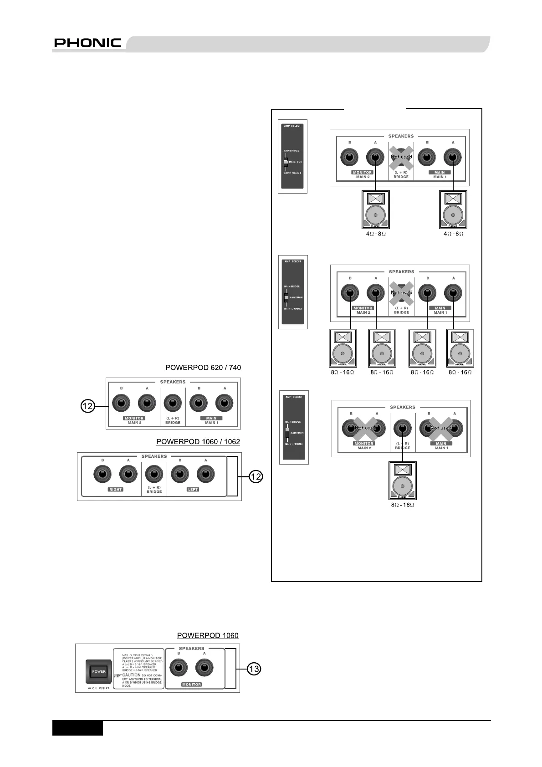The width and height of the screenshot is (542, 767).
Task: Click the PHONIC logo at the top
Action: pyautogui.click(x=87, y=43)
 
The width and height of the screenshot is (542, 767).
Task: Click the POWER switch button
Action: pyautogui.click(x=99, y=671)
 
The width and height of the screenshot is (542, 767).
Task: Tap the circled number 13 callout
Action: pyautogui.click(x=254, y=669)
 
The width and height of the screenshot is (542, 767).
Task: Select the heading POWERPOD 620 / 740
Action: pyautogui.click(x=203, y=368)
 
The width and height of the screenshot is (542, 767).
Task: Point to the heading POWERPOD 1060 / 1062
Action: pyautogui.click(x=198, y=441)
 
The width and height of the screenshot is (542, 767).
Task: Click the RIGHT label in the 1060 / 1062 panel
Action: pyautogui.click(x=115, y=490)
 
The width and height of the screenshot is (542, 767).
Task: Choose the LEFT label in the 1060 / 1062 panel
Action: pyautogui.click(x=193, y=490)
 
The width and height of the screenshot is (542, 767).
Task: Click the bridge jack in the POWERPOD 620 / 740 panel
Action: pyautogui.click(x=173, y=404)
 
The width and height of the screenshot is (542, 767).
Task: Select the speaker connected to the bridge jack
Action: pyautogui.click(x=402, y=481)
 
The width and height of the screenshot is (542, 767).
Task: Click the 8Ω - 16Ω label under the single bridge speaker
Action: pyautogui.click(x=402, y=505)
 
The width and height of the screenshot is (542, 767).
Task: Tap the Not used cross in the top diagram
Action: pyautogui.click(x=401, y=157)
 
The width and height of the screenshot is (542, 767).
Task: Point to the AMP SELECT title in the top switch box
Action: pyautogui.click(x=292, y=126)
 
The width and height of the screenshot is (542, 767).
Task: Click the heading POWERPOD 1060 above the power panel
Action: pyautogui.click(x=208, y=635)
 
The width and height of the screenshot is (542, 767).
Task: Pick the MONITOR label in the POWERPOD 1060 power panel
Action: pyautogui.click(x=191, y=685)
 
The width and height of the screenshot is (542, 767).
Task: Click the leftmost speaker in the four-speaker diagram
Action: pyautogui.click(x=343, y=348)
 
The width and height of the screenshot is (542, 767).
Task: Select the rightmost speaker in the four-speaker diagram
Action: pyautogui.click(x=460, y=348)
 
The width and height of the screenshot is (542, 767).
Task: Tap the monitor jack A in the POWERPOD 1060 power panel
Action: pyautogui.click(x=204, y=669)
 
